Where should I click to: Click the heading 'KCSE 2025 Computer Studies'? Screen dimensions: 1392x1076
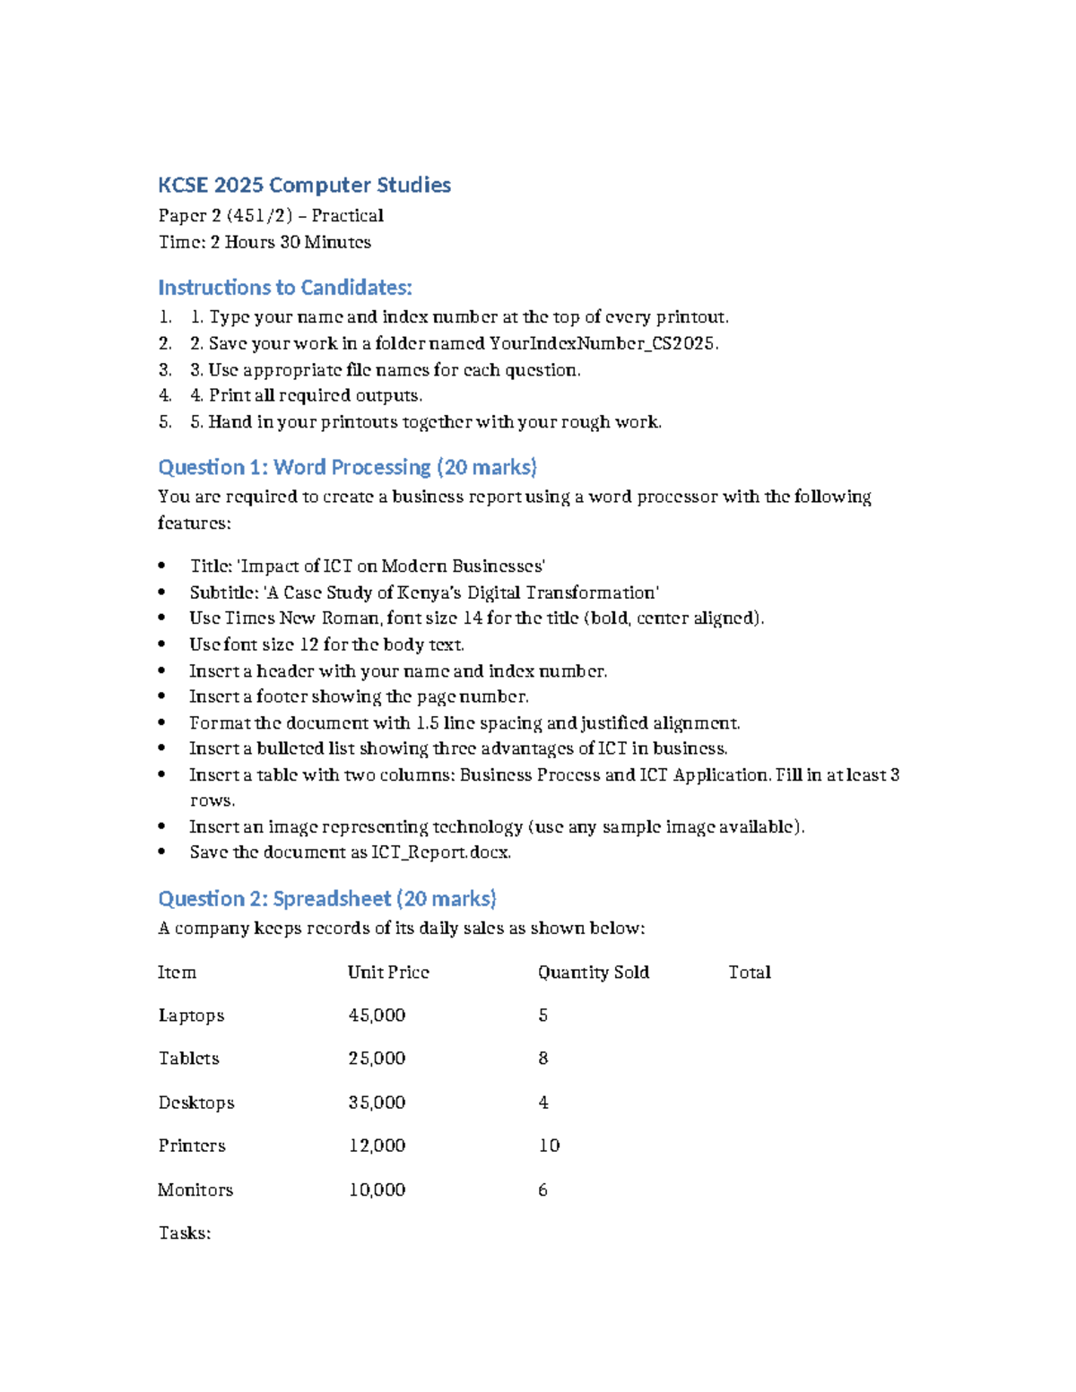point(304,186)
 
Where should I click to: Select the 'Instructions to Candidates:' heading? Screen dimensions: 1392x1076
point(284,288)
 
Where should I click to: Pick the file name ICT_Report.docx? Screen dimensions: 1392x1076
point(440,852)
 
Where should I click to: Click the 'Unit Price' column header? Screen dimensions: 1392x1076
point(388,973)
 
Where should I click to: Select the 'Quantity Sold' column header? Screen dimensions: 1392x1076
point(593,973)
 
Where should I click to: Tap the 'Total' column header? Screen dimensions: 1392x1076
point(749,973)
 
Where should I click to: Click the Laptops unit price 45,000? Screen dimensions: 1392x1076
point(377,1016)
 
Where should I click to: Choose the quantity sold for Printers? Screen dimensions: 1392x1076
point(549,1146)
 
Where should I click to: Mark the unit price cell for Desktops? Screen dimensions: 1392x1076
point(377,1102)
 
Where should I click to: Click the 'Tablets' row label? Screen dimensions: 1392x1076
point(188,1059)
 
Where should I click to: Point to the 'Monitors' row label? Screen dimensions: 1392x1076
point(195,1189)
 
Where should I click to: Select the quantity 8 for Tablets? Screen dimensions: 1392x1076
point(542,1059)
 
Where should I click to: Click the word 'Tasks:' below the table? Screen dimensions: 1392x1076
point(184,1233)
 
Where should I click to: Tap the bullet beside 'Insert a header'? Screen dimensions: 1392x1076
point(161,671)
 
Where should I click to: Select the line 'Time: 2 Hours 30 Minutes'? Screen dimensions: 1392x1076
point(264,242)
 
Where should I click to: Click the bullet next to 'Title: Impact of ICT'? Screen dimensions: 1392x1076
point(161,566)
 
